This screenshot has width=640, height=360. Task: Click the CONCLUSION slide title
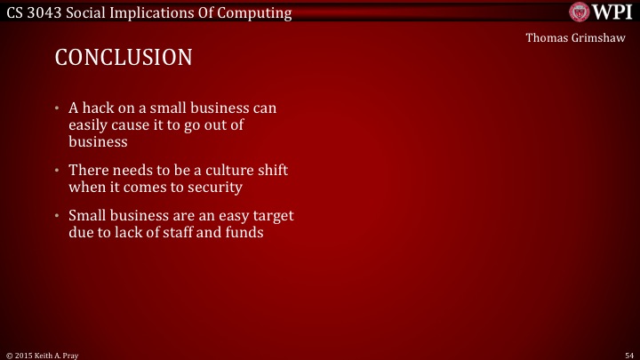(x=124, y=58)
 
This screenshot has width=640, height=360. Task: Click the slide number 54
(x=628, y=354)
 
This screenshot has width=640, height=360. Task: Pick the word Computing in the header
(x=251, y=12)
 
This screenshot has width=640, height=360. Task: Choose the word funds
(x=243, y=233)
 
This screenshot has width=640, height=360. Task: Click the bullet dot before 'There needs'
(x=57, y=171)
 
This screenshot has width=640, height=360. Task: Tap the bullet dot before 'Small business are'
(x=57, y=217)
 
